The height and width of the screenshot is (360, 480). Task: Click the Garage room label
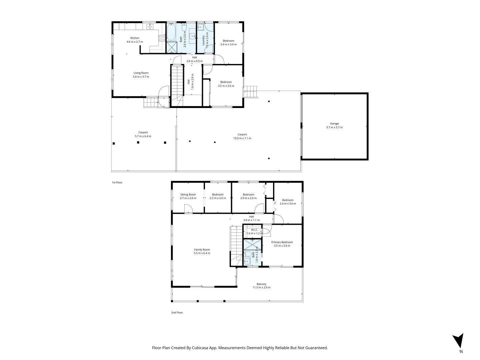334,125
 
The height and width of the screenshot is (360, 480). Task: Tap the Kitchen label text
135,40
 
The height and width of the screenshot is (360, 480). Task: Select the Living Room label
141,75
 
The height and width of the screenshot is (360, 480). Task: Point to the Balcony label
261,286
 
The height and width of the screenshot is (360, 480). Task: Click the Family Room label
202,251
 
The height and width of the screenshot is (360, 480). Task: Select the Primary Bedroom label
282,244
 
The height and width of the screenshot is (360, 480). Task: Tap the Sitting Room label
188,196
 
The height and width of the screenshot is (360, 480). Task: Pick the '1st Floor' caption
117,182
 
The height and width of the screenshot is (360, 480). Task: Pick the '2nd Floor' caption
177,312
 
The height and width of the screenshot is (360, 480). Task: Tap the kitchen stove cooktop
162,38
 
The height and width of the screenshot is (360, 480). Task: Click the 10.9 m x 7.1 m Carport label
242,136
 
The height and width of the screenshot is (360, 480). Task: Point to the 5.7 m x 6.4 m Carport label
143,134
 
